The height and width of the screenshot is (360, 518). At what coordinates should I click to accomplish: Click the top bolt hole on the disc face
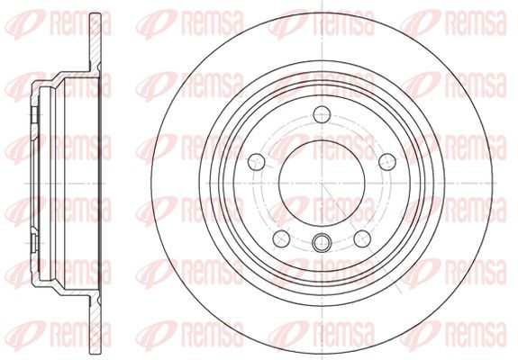click(x=322, y=114)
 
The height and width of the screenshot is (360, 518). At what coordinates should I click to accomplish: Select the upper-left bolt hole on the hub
click(x=257, y=162)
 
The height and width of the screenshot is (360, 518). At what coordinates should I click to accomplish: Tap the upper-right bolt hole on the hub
click(x=387, y=162)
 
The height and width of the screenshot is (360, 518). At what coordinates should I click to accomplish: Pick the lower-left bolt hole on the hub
click(x=281, y=238)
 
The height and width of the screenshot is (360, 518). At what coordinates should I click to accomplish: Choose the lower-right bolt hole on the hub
click(x=362, y=238)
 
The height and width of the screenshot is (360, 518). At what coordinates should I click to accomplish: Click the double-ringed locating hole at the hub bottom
click(x=322, y=243)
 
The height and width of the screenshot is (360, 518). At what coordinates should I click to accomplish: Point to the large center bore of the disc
click(x=322, y=183)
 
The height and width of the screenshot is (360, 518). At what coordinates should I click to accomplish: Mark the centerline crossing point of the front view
click(x=322, y=183)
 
